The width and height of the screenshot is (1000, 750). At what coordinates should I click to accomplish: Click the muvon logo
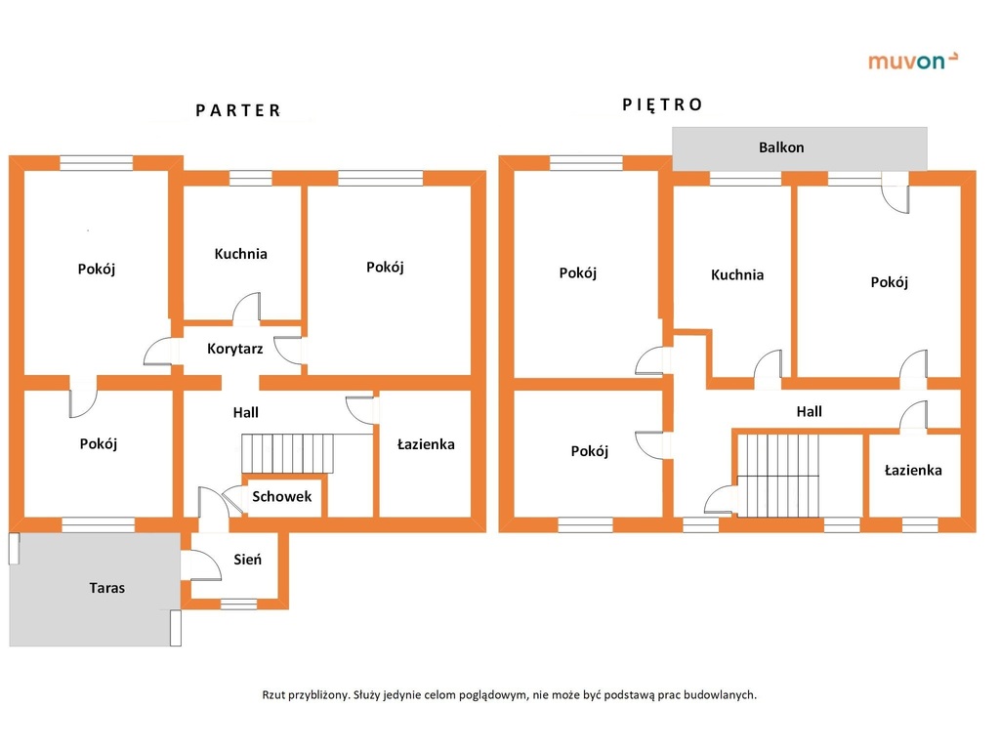[x=913, y=61]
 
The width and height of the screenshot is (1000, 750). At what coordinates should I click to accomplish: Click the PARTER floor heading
[x=238, y=111]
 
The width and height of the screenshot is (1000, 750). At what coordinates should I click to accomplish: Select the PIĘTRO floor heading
[x=662, y=105]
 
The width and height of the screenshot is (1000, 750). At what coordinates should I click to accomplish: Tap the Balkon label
[x=781, y=147]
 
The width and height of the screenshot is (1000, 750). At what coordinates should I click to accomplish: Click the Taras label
[x=106, y=587]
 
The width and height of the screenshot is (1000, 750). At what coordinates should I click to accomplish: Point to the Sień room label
[x=247, y=560]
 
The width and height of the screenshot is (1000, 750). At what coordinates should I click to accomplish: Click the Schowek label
[x=282, y=496]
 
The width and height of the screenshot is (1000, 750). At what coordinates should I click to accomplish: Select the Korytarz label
[x=234, y=349]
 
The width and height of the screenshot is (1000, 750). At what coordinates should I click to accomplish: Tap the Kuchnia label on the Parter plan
[x=240, y=254]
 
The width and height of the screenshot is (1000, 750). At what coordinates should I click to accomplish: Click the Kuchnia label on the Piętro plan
[x=737, y=274]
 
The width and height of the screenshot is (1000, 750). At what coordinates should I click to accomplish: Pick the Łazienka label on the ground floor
[x=426, y=444]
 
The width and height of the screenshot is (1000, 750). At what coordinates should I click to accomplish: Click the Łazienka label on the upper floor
[x=913, y=470]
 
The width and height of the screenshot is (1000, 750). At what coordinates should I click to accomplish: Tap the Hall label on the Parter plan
[x=245, y=413]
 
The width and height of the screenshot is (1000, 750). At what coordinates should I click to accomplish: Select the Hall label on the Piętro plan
[x=809, y=411]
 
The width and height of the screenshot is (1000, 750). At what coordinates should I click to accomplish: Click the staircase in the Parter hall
[x=288, y=453]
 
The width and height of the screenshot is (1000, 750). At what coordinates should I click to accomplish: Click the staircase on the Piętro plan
[x=778, y=476]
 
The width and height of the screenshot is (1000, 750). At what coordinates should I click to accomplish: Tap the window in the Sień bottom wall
[x=239, y=604]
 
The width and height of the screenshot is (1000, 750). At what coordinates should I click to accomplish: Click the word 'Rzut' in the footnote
[x=273, y=695]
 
